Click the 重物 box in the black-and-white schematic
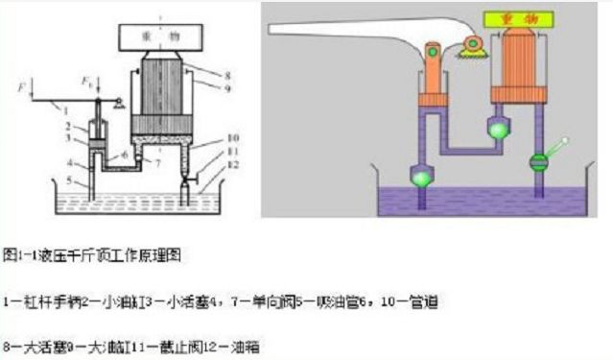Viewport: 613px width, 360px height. (172, 36)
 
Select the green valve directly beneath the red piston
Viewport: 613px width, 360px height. (499, 126)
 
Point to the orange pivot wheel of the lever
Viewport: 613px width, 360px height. (472, 43)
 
